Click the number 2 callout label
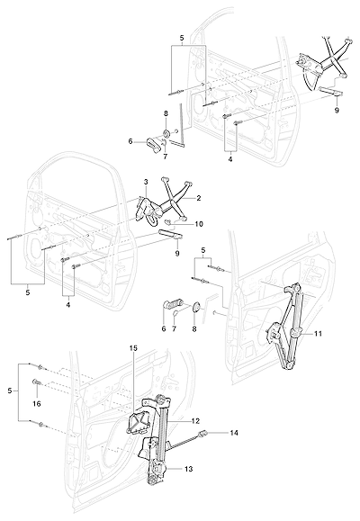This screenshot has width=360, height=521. [199, 198]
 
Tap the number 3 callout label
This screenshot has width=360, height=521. [146, 182]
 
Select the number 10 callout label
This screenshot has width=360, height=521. [198, 224]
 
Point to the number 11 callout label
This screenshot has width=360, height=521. [318, 333]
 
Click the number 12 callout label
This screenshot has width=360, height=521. [195, 421]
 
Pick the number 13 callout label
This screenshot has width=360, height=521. [188, 469]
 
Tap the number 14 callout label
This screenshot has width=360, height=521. [234, 433]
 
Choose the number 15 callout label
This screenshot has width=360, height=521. [133, 348]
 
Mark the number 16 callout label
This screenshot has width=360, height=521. [37, 404]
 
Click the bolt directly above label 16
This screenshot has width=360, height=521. [36, 383]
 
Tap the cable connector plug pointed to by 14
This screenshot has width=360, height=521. [202, 433]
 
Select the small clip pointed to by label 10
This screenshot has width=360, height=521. [170, 221]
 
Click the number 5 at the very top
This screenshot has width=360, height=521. [182, 38]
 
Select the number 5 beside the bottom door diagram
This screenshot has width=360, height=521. [9, 391]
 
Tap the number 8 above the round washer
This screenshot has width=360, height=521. [166, 113]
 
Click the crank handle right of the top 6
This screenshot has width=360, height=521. [152, 145]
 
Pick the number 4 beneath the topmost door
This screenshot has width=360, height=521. [230, 159]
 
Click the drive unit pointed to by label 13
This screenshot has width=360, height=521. [157, 472]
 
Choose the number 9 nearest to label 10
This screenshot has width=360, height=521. [176, 254]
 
